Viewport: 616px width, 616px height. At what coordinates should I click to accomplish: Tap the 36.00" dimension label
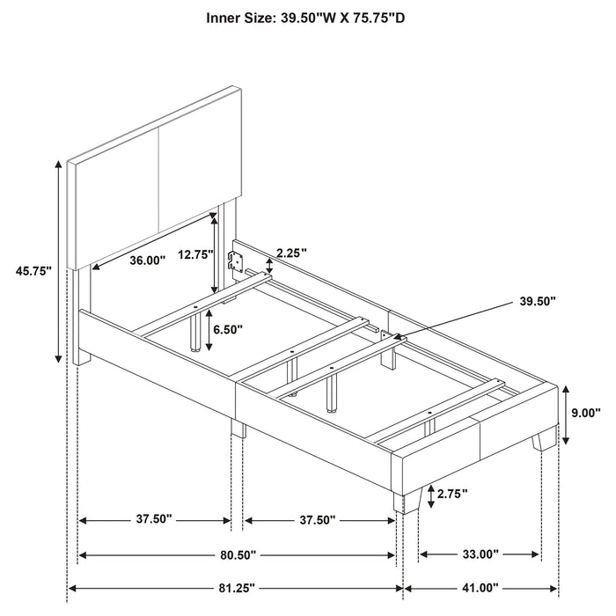(x=147, y=260)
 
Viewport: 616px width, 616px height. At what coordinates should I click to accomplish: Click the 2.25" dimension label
(x=290, y=253)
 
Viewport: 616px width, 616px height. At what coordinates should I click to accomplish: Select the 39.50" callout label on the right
(x=539, y=301)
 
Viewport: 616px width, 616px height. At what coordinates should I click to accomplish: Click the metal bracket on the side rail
(x=235, y=260)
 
